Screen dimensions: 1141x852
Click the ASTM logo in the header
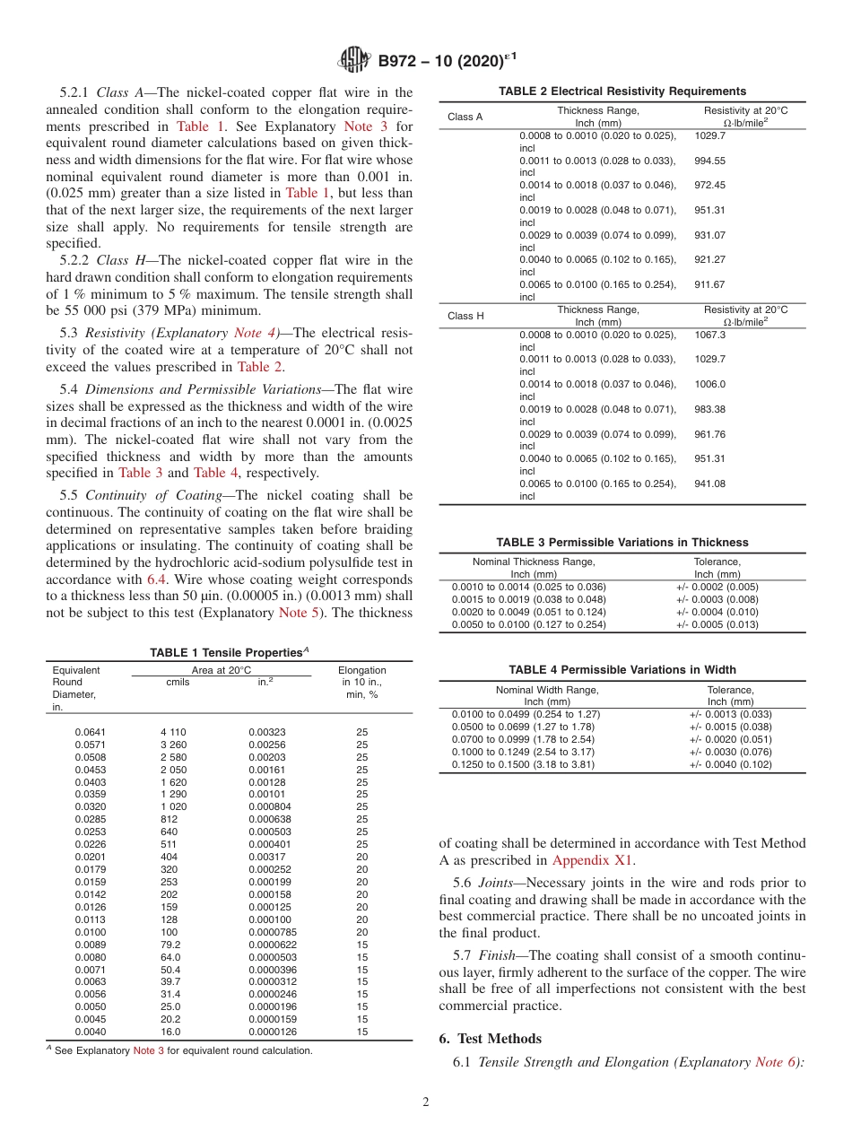pyautogui.click(x=354, y=60)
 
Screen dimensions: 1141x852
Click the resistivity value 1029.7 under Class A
pyautogui.click(x=710, y=135)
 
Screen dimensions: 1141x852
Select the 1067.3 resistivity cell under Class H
pyautogui.click(x=710, y=335)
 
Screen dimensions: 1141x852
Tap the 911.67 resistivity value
pyautogui.click(x=710, y=284)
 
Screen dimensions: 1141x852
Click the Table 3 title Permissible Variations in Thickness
pyautogui.click(x=622, y=542)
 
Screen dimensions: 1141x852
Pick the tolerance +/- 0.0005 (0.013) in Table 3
pyautogui.click(x=717, y=624)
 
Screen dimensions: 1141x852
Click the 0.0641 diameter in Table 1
pyautogui.click(x=90, y=732)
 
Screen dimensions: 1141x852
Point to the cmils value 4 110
pyautogui.click(x=173, y=732)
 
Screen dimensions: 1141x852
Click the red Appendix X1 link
pyautogui.click(x=593, y=859)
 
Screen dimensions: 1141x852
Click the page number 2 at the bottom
pyautogui.click(x=426, y=1102)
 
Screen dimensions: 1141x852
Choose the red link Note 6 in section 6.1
pyautogui.click(x=778, y=1062)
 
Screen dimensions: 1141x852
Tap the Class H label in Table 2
pyautogui.click(x=465, y=316)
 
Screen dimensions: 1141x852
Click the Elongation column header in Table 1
pyautogui.click(x=361, y=670)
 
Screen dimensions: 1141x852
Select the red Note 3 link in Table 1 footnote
pyautogui.click(x=148, y=1050)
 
